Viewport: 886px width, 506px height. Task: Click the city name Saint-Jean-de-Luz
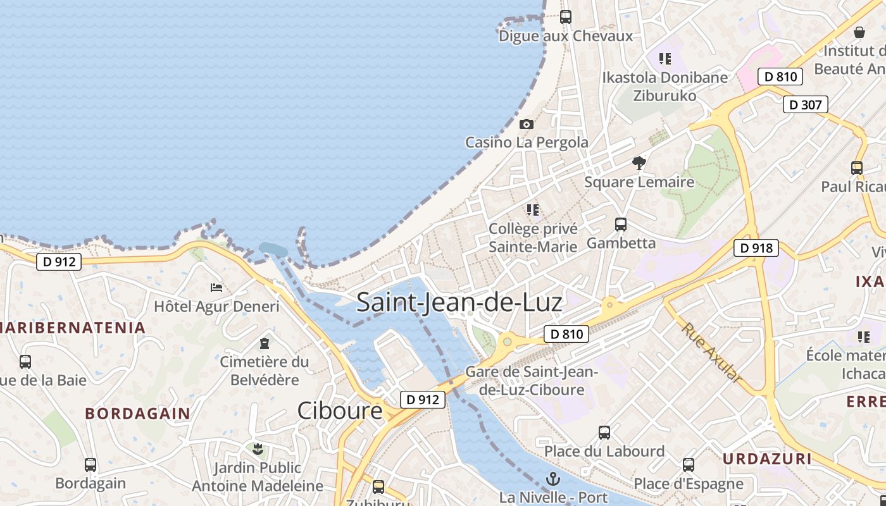(459, 302)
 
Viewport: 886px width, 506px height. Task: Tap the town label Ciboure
(340, 411)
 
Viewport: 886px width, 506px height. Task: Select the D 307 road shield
(805, 104)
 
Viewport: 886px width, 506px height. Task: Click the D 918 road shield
(756, 248)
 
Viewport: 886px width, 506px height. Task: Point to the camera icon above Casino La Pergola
(527, 125)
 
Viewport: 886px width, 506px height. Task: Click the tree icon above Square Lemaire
(639, 163)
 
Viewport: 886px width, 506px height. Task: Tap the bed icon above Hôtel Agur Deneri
(216, 288)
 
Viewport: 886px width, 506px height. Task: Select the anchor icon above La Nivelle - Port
(553, 479)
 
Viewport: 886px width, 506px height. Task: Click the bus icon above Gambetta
(621, 225)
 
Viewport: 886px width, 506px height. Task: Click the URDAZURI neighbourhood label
(766, 459)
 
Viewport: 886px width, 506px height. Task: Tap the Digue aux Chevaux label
(566, 36)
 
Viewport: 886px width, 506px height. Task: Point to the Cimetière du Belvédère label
(265, 371)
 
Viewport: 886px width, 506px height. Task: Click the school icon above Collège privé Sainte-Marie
(533, 209)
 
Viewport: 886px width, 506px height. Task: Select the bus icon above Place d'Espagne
(689, 465)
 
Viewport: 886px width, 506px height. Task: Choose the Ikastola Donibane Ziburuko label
(665, 87)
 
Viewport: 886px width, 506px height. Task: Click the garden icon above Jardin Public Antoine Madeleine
(258, 450)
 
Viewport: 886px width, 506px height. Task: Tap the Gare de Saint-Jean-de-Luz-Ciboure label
(532, 380)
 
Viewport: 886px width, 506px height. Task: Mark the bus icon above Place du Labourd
(604, 433)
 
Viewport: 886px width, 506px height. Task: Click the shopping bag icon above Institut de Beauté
(859, 32)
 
